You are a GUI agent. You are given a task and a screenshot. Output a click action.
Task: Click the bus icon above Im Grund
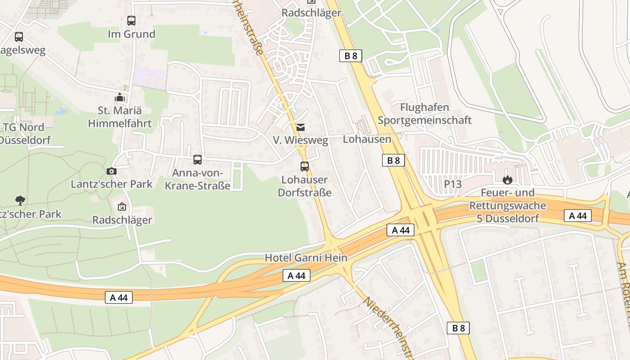(x=131, y=21)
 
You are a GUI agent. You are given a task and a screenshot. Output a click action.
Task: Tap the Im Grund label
(x=131, y=34)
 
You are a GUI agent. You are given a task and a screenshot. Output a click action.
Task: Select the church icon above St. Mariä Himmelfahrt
(x=119, y=97)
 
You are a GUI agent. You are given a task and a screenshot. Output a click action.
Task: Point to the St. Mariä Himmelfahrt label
(x=119, y=117)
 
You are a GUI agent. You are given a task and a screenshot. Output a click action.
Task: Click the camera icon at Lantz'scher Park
(x=112, y=171)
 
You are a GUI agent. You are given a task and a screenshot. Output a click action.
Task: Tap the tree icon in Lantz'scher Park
(x=20, y=200)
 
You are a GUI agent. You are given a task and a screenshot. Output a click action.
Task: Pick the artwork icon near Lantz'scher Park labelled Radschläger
(x=121, y=207)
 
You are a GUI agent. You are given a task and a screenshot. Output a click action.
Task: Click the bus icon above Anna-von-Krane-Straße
(x=197, y=160)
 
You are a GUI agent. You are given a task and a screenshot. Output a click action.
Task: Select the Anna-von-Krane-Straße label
(x=198, y=179)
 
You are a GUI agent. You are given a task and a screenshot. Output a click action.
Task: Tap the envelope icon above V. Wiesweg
(x=300, y=127)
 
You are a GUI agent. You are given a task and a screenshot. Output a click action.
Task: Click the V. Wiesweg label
(x=301, y=140)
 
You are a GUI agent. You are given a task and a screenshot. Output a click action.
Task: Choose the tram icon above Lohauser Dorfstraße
(x=305, y=166)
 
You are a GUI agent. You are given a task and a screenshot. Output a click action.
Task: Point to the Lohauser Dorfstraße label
(x=305, y=186)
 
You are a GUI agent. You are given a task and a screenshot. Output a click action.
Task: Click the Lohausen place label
(x=367, y=139)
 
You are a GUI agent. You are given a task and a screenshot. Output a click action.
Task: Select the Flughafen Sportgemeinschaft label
(x=424, y=114)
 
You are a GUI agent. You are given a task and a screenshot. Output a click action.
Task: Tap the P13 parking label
(x=453, y=184)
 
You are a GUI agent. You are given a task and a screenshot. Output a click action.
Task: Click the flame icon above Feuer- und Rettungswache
(x=508, y=180)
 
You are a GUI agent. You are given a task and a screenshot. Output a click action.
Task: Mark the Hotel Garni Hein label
(x=306, y=258)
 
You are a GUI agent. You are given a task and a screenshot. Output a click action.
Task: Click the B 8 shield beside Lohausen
(x=393, y=160)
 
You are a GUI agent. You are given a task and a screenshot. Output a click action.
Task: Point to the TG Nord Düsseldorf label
(x=25, y=133)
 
